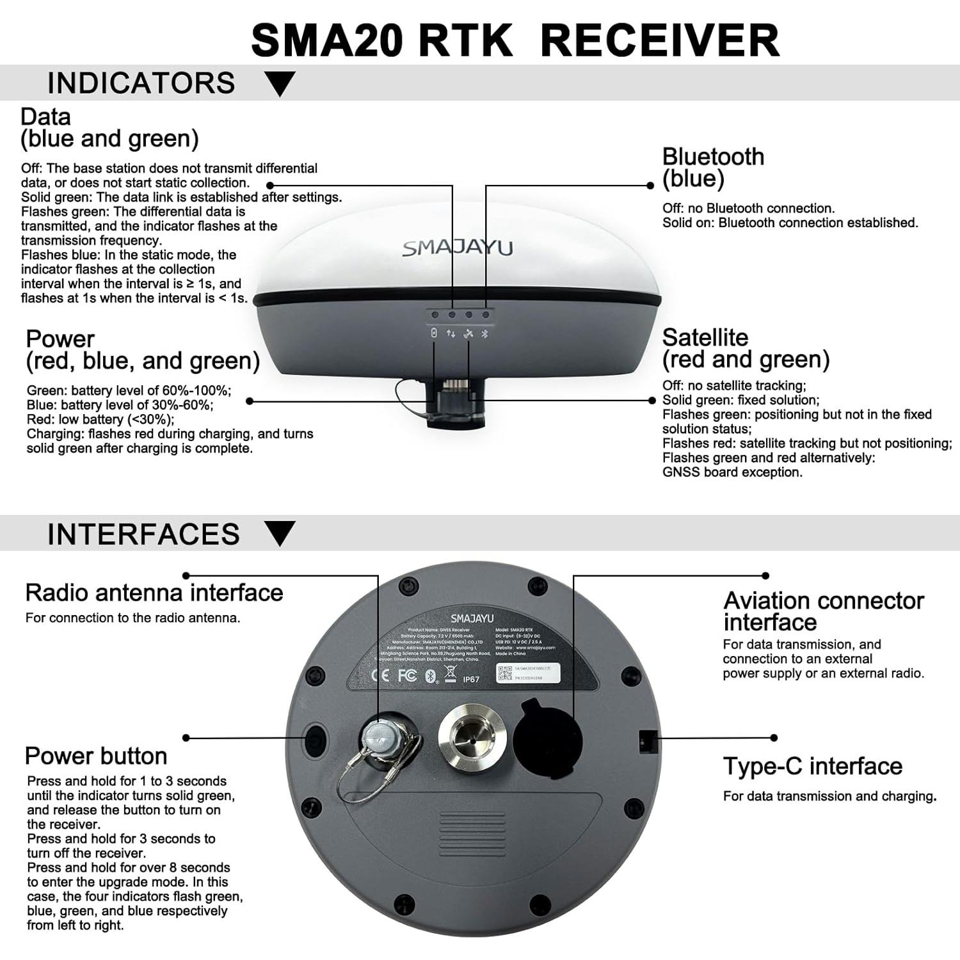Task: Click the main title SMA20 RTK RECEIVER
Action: (x=515, y=40)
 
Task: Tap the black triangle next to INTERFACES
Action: (x=280, y=533)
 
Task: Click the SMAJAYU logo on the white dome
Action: (x=458, y=248)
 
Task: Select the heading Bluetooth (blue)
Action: (x=713, y=167)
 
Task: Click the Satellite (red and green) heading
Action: (x=746, y=348)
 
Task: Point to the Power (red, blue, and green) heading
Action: (x=142, y=349)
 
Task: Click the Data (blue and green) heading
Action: (x=109, y=127)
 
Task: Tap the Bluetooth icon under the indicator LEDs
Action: (x=484, y=334)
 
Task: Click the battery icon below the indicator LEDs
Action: (x=434, y=333)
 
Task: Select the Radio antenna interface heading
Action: (x=154, y=593)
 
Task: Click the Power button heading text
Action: (x=96, y=756)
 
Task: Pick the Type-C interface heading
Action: (x=812, y=766)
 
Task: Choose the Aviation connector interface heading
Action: (x=823, y=611)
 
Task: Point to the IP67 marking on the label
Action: (x=470, y=679)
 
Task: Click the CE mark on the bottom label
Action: (x=380, y=676)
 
